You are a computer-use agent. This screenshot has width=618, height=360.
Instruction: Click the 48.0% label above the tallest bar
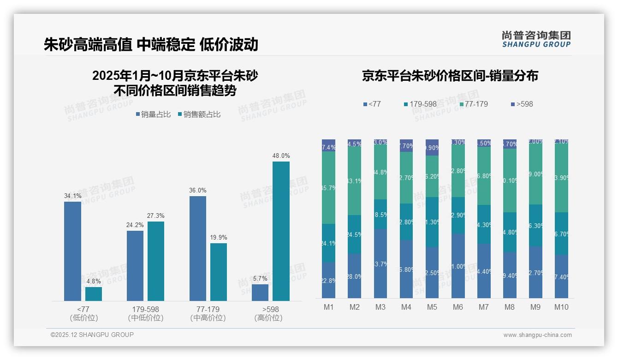(281, 156)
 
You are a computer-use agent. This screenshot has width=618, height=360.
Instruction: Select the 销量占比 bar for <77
(72, 251)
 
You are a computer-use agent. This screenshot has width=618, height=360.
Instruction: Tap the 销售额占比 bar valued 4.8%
(94, 294)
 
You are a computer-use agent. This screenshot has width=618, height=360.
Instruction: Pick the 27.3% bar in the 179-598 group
(156, 261)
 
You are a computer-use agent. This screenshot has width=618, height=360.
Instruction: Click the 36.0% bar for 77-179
(197, 248)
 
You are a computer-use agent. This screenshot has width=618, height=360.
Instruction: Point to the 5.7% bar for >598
(260, 293)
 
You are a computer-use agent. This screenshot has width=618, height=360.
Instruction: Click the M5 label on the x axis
(432, 307)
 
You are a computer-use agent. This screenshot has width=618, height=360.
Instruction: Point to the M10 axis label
(561, 307)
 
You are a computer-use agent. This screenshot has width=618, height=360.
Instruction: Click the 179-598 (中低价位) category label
(146, 313)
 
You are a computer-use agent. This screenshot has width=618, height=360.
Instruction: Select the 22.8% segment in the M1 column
(328, 280)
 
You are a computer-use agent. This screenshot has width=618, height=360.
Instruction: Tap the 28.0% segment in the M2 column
(354, 276)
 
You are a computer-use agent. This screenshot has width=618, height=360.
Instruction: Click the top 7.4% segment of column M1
(328, 145)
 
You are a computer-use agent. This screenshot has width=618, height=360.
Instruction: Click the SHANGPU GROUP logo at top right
(536, 39)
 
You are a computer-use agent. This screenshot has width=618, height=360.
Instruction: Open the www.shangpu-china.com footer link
(537, 335)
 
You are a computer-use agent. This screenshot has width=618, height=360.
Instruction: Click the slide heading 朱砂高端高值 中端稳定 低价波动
(151, 44)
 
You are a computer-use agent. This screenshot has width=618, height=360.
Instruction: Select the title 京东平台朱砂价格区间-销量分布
(450, 76)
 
